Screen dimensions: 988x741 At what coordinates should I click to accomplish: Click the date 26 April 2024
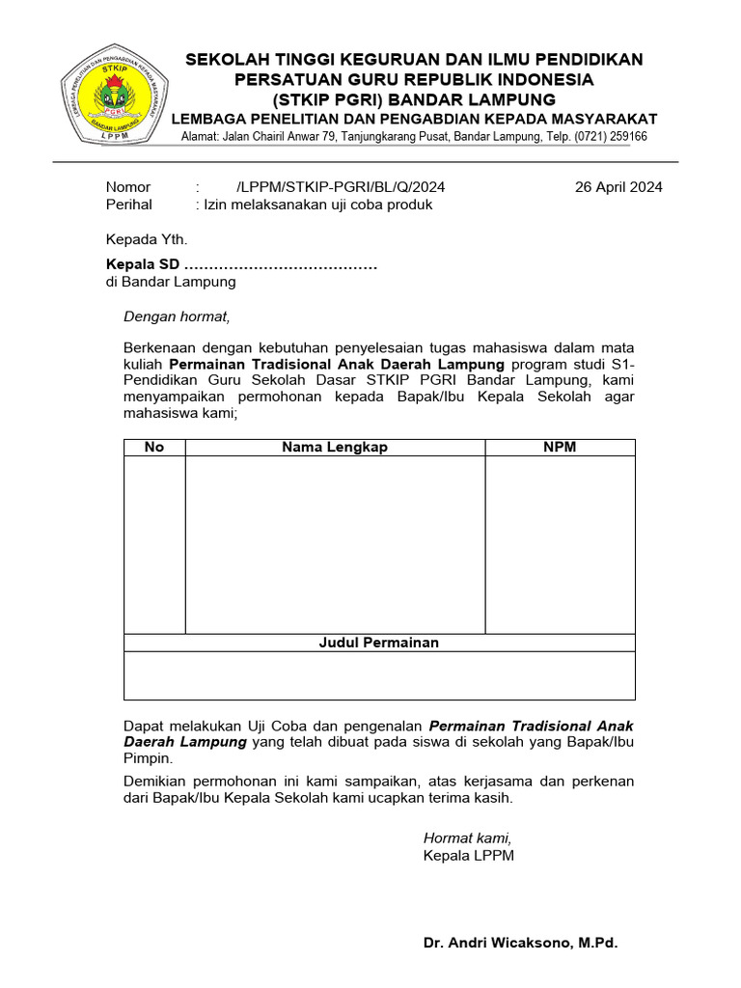pos(618,187)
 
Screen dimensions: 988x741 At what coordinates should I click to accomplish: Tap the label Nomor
pos(127,187)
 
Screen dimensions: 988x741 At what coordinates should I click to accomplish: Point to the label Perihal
pos(128,205)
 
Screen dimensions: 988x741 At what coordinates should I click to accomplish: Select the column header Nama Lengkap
pos(334,447)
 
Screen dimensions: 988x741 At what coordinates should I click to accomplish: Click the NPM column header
pos(560,447)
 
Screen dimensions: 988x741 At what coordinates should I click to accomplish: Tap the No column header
pos(154,447)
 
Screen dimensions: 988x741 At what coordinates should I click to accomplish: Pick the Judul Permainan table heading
pos(379,643)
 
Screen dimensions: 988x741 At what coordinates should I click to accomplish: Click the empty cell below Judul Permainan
pos(379,675)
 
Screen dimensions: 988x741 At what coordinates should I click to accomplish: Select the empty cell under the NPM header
pos(560,544)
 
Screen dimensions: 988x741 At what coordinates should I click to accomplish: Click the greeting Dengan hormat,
pos(178,316)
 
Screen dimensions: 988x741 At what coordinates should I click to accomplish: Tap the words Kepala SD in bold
pos(142,265)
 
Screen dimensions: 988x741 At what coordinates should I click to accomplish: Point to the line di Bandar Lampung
pos(170,282)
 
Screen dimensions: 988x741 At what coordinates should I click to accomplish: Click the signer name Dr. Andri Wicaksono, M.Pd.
pos(520,942)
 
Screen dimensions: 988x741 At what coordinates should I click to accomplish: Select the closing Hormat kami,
pos(468,837)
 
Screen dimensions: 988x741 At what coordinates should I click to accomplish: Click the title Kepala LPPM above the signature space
pos(469,855)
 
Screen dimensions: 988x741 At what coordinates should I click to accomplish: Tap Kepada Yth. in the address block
pos(147,239)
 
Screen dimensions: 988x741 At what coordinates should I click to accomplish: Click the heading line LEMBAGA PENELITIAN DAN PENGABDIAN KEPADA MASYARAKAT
pos(414,119)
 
